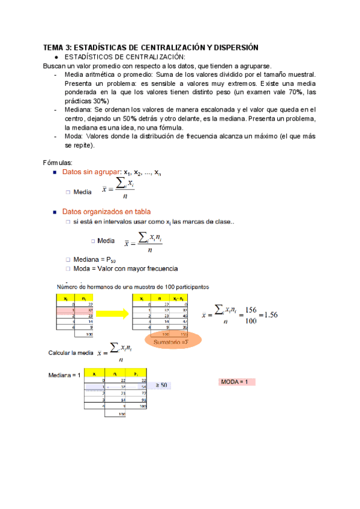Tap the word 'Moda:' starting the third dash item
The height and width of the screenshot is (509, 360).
(74, 137)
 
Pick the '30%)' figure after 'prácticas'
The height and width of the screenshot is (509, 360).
(98, 101)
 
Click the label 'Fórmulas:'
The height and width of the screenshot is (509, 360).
(58, 163)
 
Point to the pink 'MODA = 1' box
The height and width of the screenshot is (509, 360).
(238, 382)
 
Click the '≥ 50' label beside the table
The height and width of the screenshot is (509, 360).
(161, 385)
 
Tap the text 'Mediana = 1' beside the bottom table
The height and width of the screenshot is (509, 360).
(64, 375)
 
